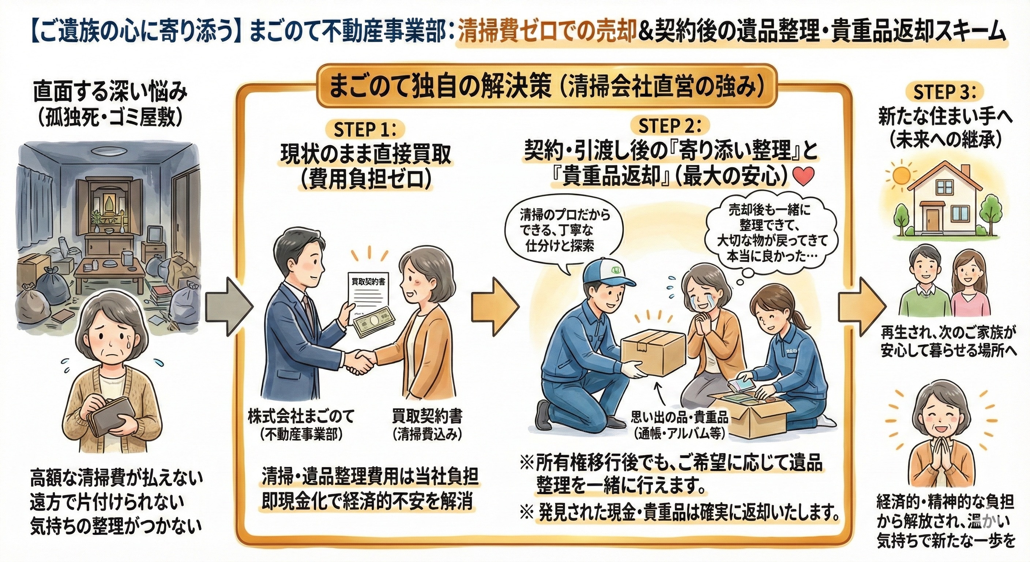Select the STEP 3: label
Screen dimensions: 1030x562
[x=944, y=93]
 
